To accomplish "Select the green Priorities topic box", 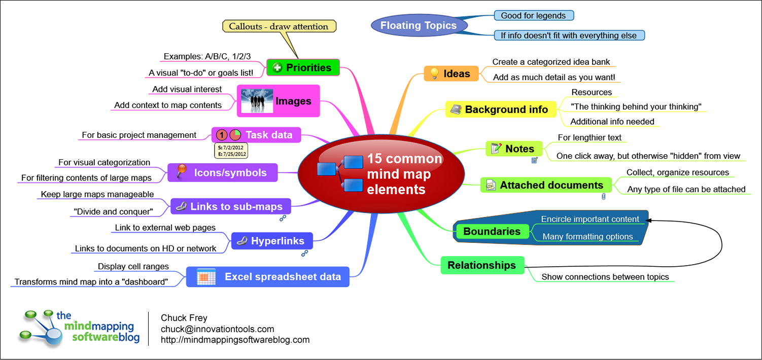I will (x=303, y=67).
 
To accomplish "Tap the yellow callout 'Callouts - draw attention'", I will (x=279, y=26).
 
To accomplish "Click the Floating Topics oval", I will (x=419, y=25).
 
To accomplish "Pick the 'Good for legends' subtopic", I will (x=533, y=16).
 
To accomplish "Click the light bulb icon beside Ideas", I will (x=434, y=74).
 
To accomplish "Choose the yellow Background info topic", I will (x=500, y=110).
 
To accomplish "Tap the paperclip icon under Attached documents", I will (x=603, y=196).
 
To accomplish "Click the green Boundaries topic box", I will (x=492, y=231).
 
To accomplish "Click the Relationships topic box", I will (x=481, y=265).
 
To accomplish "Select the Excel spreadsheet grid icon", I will (x=206, y=277).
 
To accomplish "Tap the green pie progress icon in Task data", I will (x=235, y=135).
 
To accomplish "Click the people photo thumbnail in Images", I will (x=257, y=101).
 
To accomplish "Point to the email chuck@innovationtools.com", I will (x=217, y=329).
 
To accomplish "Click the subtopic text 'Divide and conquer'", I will (x=113, y=211).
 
